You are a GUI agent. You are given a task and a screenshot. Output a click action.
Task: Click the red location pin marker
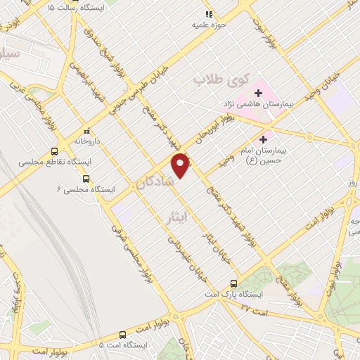point(182,164)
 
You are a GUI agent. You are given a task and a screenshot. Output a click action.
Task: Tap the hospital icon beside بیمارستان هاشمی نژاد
point(258,91)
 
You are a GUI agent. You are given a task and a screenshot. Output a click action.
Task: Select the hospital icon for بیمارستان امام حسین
point(264,139)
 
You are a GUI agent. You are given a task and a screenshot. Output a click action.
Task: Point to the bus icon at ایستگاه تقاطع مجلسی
point(55,150)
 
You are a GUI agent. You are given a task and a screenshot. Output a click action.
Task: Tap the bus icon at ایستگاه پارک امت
point(235,285)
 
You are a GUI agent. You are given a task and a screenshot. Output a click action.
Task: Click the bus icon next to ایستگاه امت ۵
point(123,335)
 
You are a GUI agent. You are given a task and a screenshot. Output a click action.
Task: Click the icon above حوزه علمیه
point(207,13)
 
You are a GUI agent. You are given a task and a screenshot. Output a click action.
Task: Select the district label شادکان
point(150,184)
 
